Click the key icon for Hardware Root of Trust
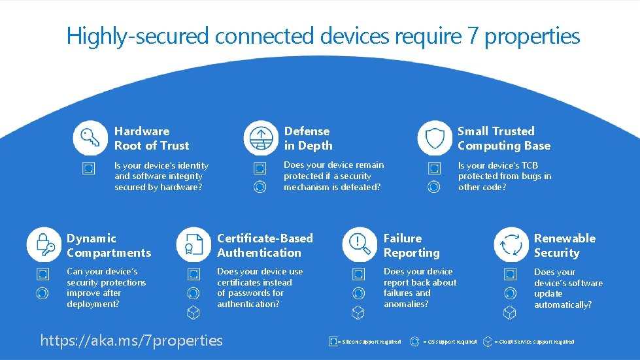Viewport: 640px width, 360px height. pos(89,138)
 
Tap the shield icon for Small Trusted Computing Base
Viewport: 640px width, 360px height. pos(434,138)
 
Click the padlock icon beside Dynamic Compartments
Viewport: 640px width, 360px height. pos(43,244)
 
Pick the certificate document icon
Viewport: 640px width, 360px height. pos(193,244)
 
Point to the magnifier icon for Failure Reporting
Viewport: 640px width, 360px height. pos(359,244)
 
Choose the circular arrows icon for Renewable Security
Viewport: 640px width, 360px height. pos(510,244)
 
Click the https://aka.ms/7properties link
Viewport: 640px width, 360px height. pos(131,340)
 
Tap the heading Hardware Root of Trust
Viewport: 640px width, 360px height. pos(152,139)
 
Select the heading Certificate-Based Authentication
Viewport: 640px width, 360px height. pos(265,246)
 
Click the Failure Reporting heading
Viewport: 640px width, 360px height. pos(411,246)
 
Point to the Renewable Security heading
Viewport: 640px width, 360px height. pos(564,246)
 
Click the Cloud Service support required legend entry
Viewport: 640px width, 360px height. pos(530,342)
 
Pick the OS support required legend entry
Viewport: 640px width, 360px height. pos(445,342)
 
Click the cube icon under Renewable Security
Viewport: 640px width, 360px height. pos(509,313)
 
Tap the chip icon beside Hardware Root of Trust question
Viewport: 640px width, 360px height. pos(88,169)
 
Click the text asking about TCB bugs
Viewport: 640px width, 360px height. pos(504,176)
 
